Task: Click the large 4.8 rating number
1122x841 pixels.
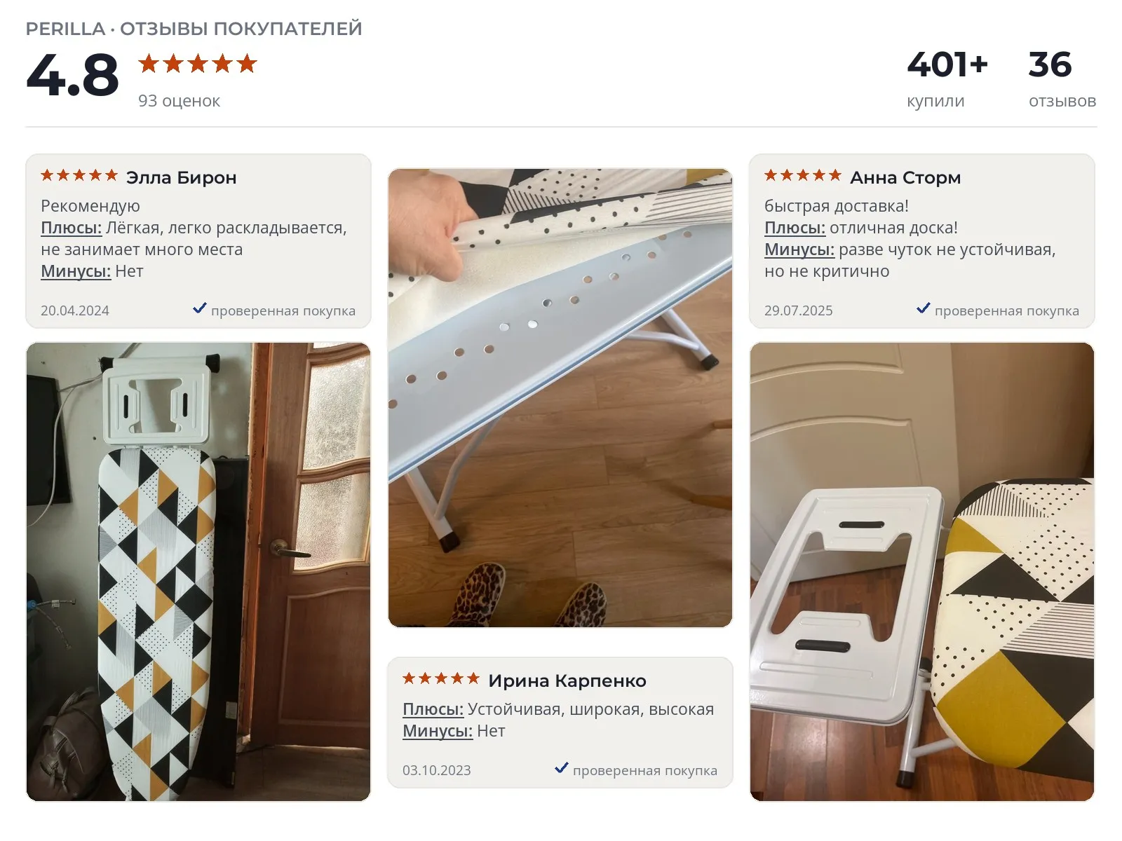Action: [x=72, y=75]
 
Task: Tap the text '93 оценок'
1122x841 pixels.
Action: [x=179, y=101]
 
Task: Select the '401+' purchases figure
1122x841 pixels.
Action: [x=947, y=65]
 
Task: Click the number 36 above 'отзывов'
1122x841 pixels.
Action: [x=1049, y=65]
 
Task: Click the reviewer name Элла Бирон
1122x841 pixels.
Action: [x=181, y=178]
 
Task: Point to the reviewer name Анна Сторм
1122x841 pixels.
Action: [x=905, y=178]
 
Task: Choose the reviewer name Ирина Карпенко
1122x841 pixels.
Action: [x=567, y=681]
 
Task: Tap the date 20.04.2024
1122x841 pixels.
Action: [x=74, y=310]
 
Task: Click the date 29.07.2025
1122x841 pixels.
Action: [x=799, y=310]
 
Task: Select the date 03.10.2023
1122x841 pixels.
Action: [x=437, y=770]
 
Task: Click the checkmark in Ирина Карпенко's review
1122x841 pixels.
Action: [x=561, y=767]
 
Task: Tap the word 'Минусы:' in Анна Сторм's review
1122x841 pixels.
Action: [x=799, y=249]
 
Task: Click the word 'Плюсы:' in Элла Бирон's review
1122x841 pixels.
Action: [x=71, y=228]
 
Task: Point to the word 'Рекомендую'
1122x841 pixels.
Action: [x=90, y=206]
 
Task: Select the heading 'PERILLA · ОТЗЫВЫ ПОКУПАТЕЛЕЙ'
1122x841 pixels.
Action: [x=194, y=29]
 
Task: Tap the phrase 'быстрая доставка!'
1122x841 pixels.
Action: [x=837, y=206]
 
